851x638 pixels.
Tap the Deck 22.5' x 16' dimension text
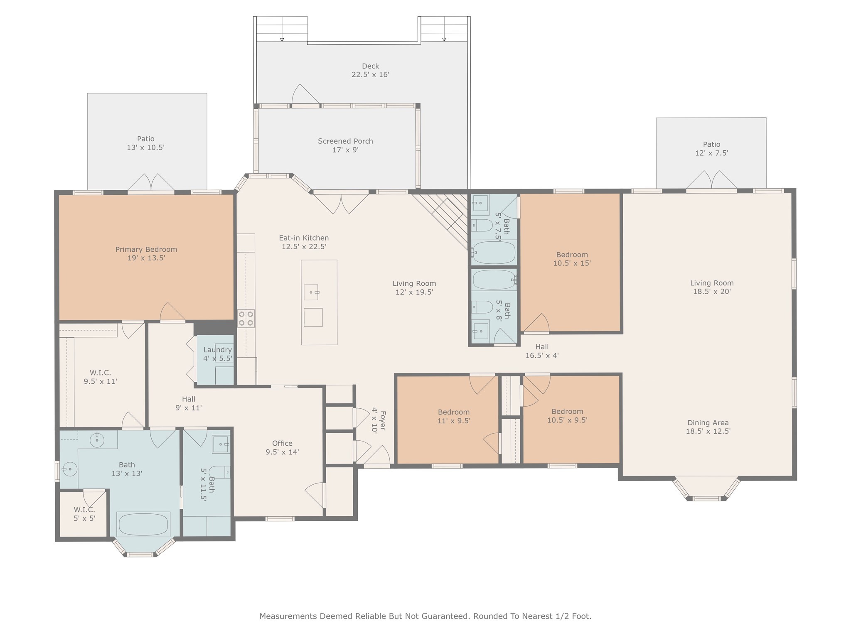[371, 75]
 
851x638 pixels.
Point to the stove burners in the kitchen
[246, 318]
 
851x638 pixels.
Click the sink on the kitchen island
[311, 292]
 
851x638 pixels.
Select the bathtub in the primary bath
[143, 524]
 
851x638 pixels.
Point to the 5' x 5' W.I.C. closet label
[85, 514]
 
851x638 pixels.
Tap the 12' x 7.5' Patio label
[712, 149]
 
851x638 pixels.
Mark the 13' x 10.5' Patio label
[146, 143]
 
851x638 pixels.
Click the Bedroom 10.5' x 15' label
[572, 259]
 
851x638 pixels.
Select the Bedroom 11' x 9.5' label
[454, 416]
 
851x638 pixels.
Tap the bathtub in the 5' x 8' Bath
[494, 280]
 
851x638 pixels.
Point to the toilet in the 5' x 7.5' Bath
[482, 226]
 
